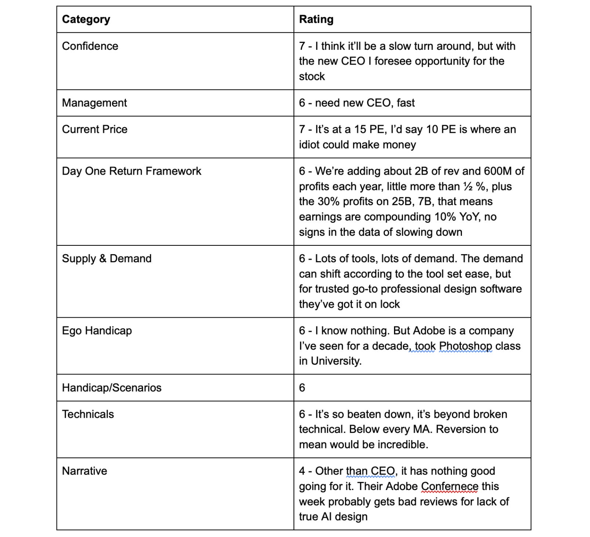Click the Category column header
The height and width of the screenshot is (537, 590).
(86, 19)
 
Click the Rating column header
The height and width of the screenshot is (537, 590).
(316, 19)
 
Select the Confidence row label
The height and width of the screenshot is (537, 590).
(90, 46)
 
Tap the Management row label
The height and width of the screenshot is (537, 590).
(94, 103)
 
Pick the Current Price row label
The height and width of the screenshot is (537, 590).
(95, 129)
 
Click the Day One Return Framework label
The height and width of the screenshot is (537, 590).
(131, 171)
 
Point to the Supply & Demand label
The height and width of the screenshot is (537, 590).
(106, 259)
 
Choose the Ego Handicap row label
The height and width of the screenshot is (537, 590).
(97, 331)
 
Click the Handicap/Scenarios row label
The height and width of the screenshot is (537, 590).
(112, 388)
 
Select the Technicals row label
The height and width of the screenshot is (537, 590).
(88, 414)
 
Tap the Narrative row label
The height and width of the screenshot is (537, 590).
(84, 471)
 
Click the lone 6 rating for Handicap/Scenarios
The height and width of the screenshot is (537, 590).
(302, 388)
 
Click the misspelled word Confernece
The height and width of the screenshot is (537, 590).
(449, 486)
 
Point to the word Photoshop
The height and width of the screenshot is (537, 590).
(465, 346)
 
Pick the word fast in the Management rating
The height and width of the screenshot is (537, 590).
(405, 103)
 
